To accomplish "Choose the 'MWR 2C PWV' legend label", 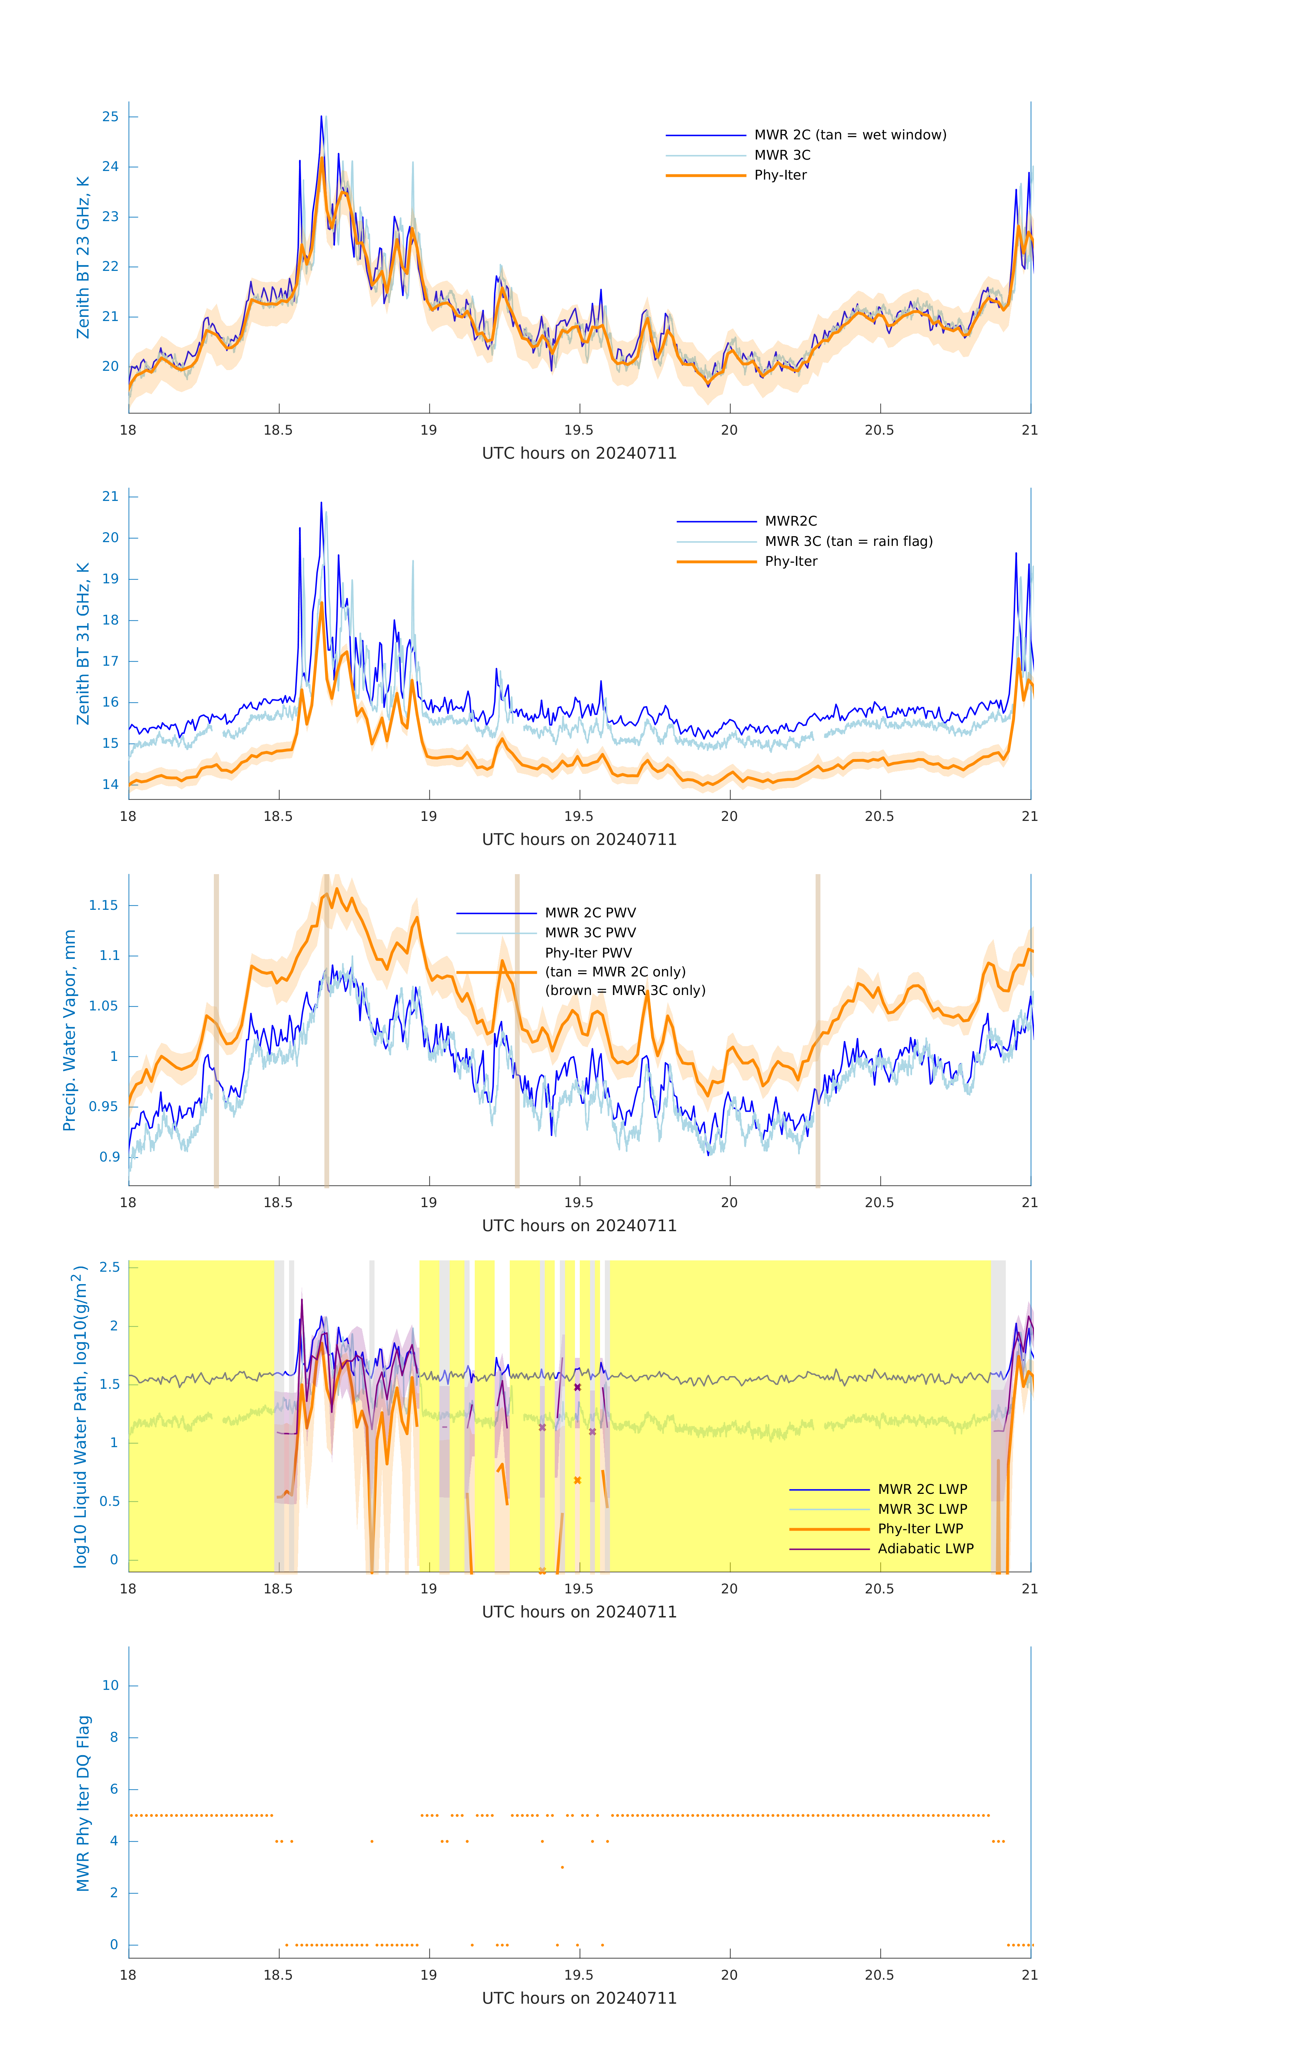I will tap(590, 913).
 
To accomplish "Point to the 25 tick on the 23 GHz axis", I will tap(110, 117).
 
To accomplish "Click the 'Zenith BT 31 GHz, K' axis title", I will tap(83, 643).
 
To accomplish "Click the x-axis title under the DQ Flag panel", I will tap(579, 1999).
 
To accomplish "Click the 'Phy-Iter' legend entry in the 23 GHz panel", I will tap(780, 175).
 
